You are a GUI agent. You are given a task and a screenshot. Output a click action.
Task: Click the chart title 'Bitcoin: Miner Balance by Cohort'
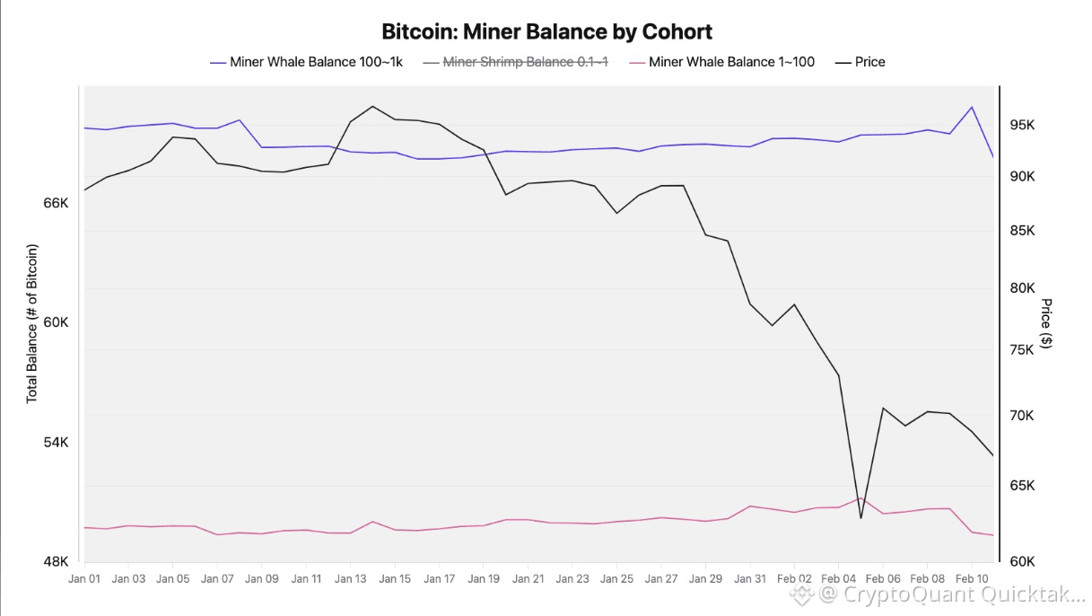[x=546, y=32]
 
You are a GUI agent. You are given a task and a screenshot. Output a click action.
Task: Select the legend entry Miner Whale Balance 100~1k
[x=315, y=62]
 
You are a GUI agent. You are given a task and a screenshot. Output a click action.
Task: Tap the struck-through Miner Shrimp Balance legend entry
[x=525, y=62]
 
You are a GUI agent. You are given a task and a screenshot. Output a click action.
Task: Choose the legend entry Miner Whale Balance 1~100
[x=731, y=62]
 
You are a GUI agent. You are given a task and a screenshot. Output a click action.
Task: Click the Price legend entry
[x=869, y=62]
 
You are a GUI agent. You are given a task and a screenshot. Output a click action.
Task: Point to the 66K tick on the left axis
[x=56, y=204]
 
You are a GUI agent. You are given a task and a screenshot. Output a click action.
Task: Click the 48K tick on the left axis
[x=56, y=562]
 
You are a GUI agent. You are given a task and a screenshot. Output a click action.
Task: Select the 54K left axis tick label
[x=56, y=443]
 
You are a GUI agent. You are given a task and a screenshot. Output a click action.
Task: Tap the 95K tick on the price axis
[x=1023, y=125]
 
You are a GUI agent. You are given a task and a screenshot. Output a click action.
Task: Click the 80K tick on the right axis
[x=1023, y=288]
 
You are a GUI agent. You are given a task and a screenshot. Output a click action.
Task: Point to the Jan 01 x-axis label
[x=83, y=579]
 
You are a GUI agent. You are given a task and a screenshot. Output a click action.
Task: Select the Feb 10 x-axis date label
[x=972, y=579]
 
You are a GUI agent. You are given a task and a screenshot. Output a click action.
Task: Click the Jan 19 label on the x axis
[x=484, y=579]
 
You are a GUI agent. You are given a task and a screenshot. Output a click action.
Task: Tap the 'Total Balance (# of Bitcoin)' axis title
[x=32, y=323]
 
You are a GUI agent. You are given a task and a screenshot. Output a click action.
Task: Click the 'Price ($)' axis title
[x=1046, y=323]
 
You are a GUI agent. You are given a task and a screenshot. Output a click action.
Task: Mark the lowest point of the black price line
[x=860, y=518]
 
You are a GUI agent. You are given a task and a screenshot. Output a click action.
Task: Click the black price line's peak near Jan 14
[x=372, y=106]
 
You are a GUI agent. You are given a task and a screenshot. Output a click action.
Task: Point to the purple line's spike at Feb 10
[x=971, y=107]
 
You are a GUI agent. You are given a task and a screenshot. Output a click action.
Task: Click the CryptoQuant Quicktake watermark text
[x=951, y=594]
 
